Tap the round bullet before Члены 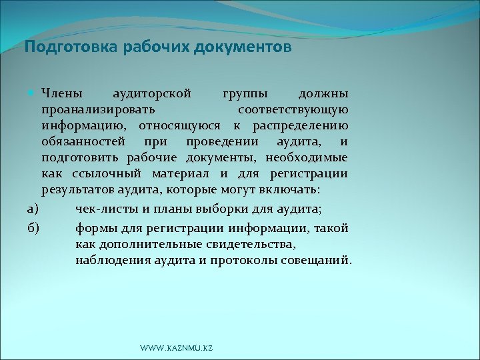pos(33,91)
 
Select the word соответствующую pos(292,108)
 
